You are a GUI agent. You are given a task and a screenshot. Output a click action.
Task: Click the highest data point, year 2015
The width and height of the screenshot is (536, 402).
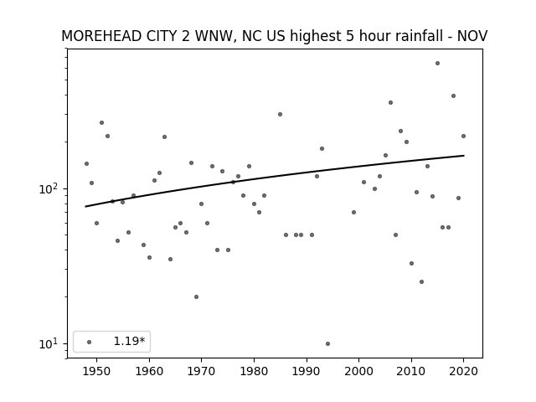[437, 64]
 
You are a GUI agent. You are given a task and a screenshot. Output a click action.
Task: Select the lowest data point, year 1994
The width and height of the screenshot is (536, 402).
[327, 343]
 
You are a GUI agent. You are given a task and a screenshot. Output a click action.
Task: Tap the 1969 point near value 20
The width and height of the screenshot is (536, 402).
[196, 296]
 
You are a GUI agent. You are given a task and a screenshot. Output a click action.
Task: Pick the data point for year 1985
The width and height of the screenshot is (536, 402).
[280, 114]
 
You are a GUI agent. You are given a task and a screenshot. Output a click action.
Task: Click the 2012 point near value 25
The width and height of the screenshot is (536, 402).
[421, 281]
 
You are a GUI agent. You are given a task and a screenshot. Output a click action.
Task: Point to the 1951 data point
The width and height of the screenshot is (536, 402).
[101, 123]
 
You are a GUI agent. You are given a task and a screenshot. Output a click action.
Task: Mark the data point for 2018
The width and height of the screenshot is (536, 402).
[453, 96]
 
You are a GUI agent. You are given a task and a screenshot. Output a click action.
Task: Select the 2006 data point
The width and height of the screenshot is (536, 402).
[390, 102]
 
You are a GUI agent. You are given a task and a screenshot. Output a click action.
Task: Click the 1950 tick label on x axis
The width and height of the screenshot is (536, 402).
[97, 371]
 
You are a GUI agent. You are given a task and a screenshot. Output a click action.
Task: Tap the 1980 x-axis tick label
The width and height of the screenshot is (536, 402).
[254, 371]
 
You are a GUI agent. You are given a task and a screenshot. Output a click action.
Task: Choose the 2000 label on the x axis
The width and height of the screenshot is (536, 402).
[359, 371]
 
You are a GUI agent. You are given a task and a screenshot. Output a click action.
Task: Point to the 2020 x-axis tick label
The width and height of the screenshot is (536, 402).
[463, 371]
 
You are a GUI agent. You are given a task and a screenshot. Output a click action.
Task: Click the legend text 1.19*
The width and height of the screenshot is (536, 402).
[129, 341]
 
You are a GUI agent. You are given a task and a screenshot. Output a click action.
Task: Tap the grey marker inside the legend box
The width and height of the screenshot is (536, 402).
[89, 342]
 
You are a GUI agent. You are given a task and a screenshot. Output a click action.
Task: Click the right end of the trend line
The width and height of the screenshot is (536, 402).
[464, 156]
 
